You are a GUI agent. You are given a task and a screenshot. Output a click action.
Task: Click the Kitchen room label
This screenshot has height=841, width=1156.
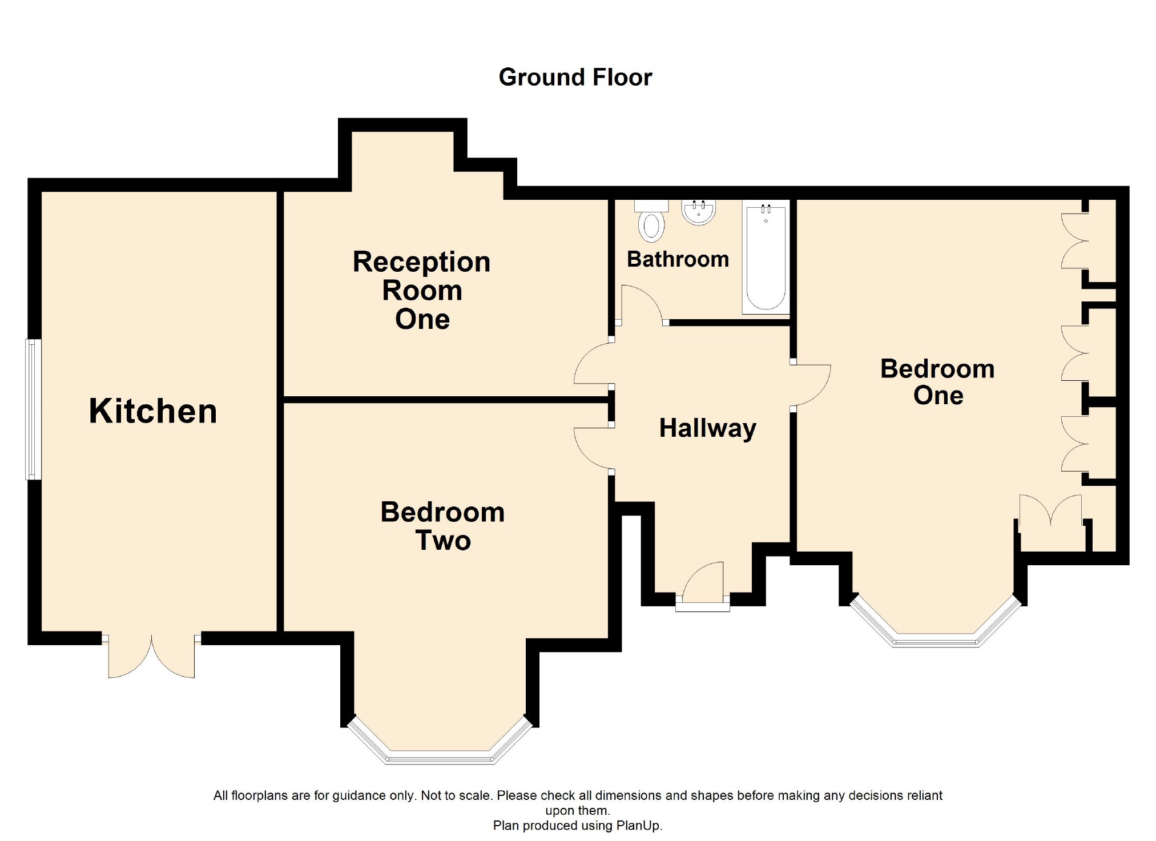(153, 411)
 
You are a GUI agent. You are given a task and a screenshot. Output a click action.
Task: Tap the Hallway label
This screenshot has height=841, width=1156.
(708, 428)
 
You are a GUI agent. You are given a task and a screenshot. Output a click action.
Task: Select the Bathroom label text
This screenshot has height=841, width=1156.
(678, 259)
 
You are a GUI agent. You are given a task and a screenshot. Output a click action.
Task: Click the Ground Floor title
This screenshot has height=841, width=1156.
(575, 77)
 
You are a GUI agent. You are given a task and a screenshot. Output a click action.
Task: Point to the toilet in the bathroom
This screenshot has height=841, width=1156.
(651, 221)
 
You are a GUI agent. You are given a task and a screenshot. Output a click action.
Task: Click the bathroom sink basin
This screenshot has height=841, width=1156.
(699, 212)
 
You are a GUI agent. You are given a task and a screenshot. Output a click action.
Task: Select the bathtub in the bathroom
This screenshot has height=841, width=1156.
(766, 257)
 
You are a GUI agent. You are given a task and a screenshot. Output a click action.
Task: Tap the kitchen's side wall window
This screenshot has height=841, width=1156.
(33, 409)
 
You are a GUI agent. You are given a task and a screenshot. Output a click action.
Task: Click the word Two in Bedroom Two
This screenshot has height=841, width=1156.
(443, 541)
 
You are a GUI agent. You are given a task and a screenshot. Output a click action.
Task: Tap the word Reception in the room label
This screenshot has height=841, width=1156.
(421, 263)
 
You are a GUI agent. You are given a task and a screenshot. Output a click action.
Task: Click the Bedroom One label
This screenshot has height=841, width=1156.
(937, 381)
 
